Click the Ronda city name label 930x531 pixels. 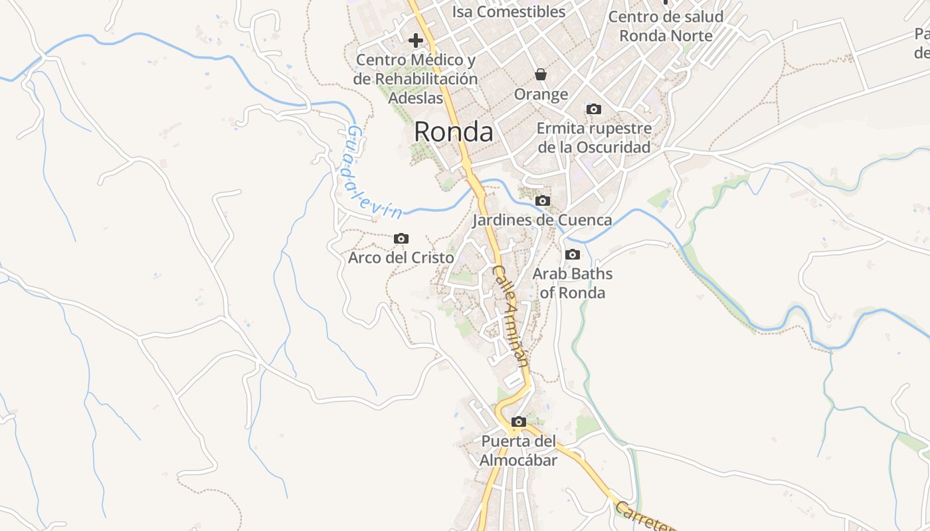tap(453, 132)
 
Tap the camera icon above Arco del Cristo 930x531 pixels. tap(401, 238)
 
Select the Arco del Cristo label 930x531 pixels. tap(401, 258)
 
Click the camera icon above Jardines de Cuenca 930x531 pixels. tap(543, 200)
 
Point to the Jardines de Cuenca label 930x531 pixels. tap(542, 220)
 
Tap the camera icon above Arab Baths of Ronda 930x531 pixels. tap(572, 254)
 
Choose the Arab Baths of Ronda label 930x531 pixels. tap(573, 283)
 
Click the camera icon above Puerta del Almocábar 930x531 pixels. tap(519, 421)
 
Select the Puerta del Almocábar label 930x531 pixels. tap(518, 451)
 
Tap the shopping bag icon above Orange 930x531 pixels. tap(541, 74)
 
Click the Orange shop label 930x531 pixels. tap(541, 94)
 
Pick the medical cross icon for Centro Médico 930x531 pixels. tap(416, 40)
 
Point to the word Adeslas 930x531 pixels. tap(415, 98)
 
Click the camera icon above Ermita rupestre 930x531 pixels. tap(594, 109)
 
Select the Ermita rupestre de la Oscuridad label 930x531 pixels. tap(594, 137)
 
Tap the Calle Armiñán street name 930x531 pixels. tap(511, 316)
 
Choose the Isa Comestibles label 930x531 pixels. tap(509, 11)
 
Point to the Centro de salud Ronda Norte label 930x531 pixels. tap(666, 26)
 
